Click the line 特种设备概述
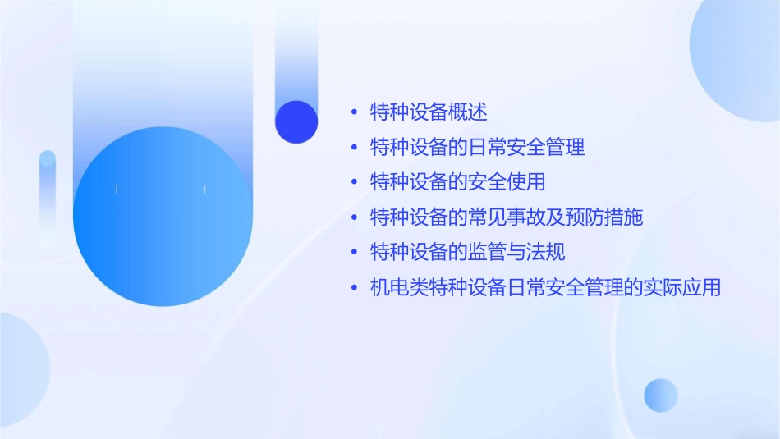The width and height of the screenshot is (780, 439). click(429, 112)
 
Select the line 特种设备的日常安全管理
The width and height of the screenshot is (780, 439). click(477, 148)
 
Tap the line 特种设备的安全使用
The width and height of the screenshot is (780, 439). click(457, 182)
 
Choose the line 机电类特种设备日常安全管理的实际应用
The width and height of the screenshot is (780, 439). click(545, 287)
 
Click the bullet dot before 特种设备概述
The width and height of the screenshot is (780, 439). click(354, 112)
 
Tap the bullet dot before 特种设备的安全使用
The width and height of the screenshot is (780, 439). click(354, 182)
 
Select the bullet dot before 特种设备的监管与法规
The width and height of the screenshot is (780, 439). click(354, 252)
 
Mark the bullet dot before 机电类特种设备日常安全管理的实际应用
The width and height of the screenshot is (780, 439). click(354, 288)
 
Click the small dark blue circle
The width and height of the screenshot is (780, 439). click(296, 121)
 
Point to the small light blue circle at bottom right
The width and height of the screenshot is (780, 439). click(661, 395)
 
